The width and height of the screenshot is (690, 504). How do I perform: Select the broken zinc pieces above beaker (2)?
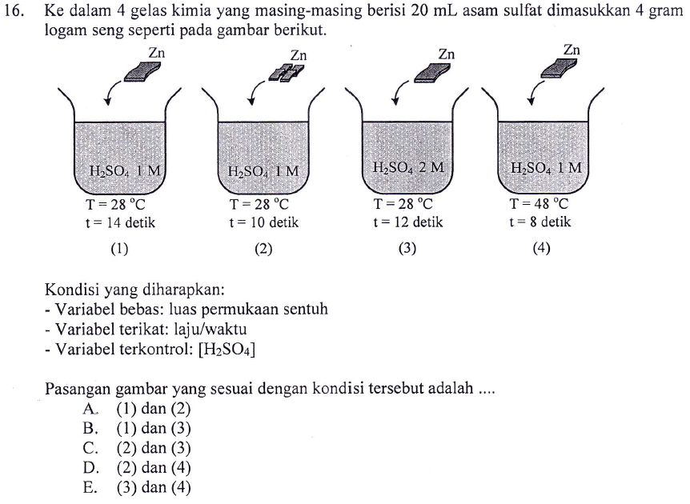pos(288,73)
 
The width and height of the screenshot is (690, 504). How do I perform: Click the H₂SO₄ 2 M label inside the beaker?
pos(408,168)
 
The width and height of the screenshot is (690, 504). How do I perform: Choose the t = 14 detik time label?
pos(120,222)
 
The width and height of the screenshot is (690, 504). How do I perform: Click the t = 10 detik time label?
pos(263,222)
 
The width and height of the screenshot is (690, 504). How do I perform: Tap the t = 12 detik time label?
pos(407,222)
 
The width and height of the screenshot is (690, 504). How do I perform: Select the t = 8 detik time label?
pos(540,222)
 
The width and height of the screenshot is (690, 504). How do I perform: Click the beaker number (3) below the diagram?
pos(407,248)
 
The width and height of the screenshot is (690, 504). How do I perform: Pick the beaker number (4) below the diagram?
pos(541,248)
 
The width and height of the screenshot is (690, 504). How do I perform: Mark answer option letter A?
pos(90,409)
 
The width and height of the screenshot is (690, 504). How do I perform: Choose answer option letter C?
pos(90,447)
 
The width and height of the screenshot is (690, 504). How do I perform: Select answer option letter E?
pos(90,486)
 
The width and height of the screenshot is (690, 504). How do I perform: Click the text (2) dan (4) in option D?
pos(154,467)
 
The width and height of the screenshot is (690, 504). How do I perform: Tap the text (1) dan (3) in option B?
pos(154,428)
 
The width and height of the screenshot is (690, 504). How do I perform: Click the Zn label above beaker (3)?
pos(446,54)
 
